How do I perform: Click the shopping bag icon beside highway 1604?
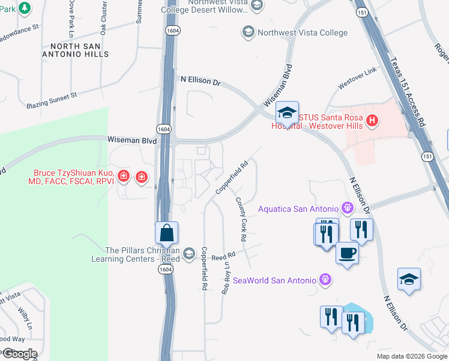pos(167,233)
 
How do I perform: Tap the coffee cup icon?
pos(346,252)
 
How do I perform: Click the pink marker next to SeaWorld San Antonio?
pos(325,280)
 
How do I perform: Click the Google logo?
pos(20,354)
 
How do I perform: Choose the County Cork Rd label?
pos(241,219)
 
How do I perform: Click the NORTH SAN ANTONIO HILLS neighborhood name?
pos(79,50)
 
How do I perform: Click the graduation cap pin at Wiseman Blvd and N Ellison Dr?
pos(288,113)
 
